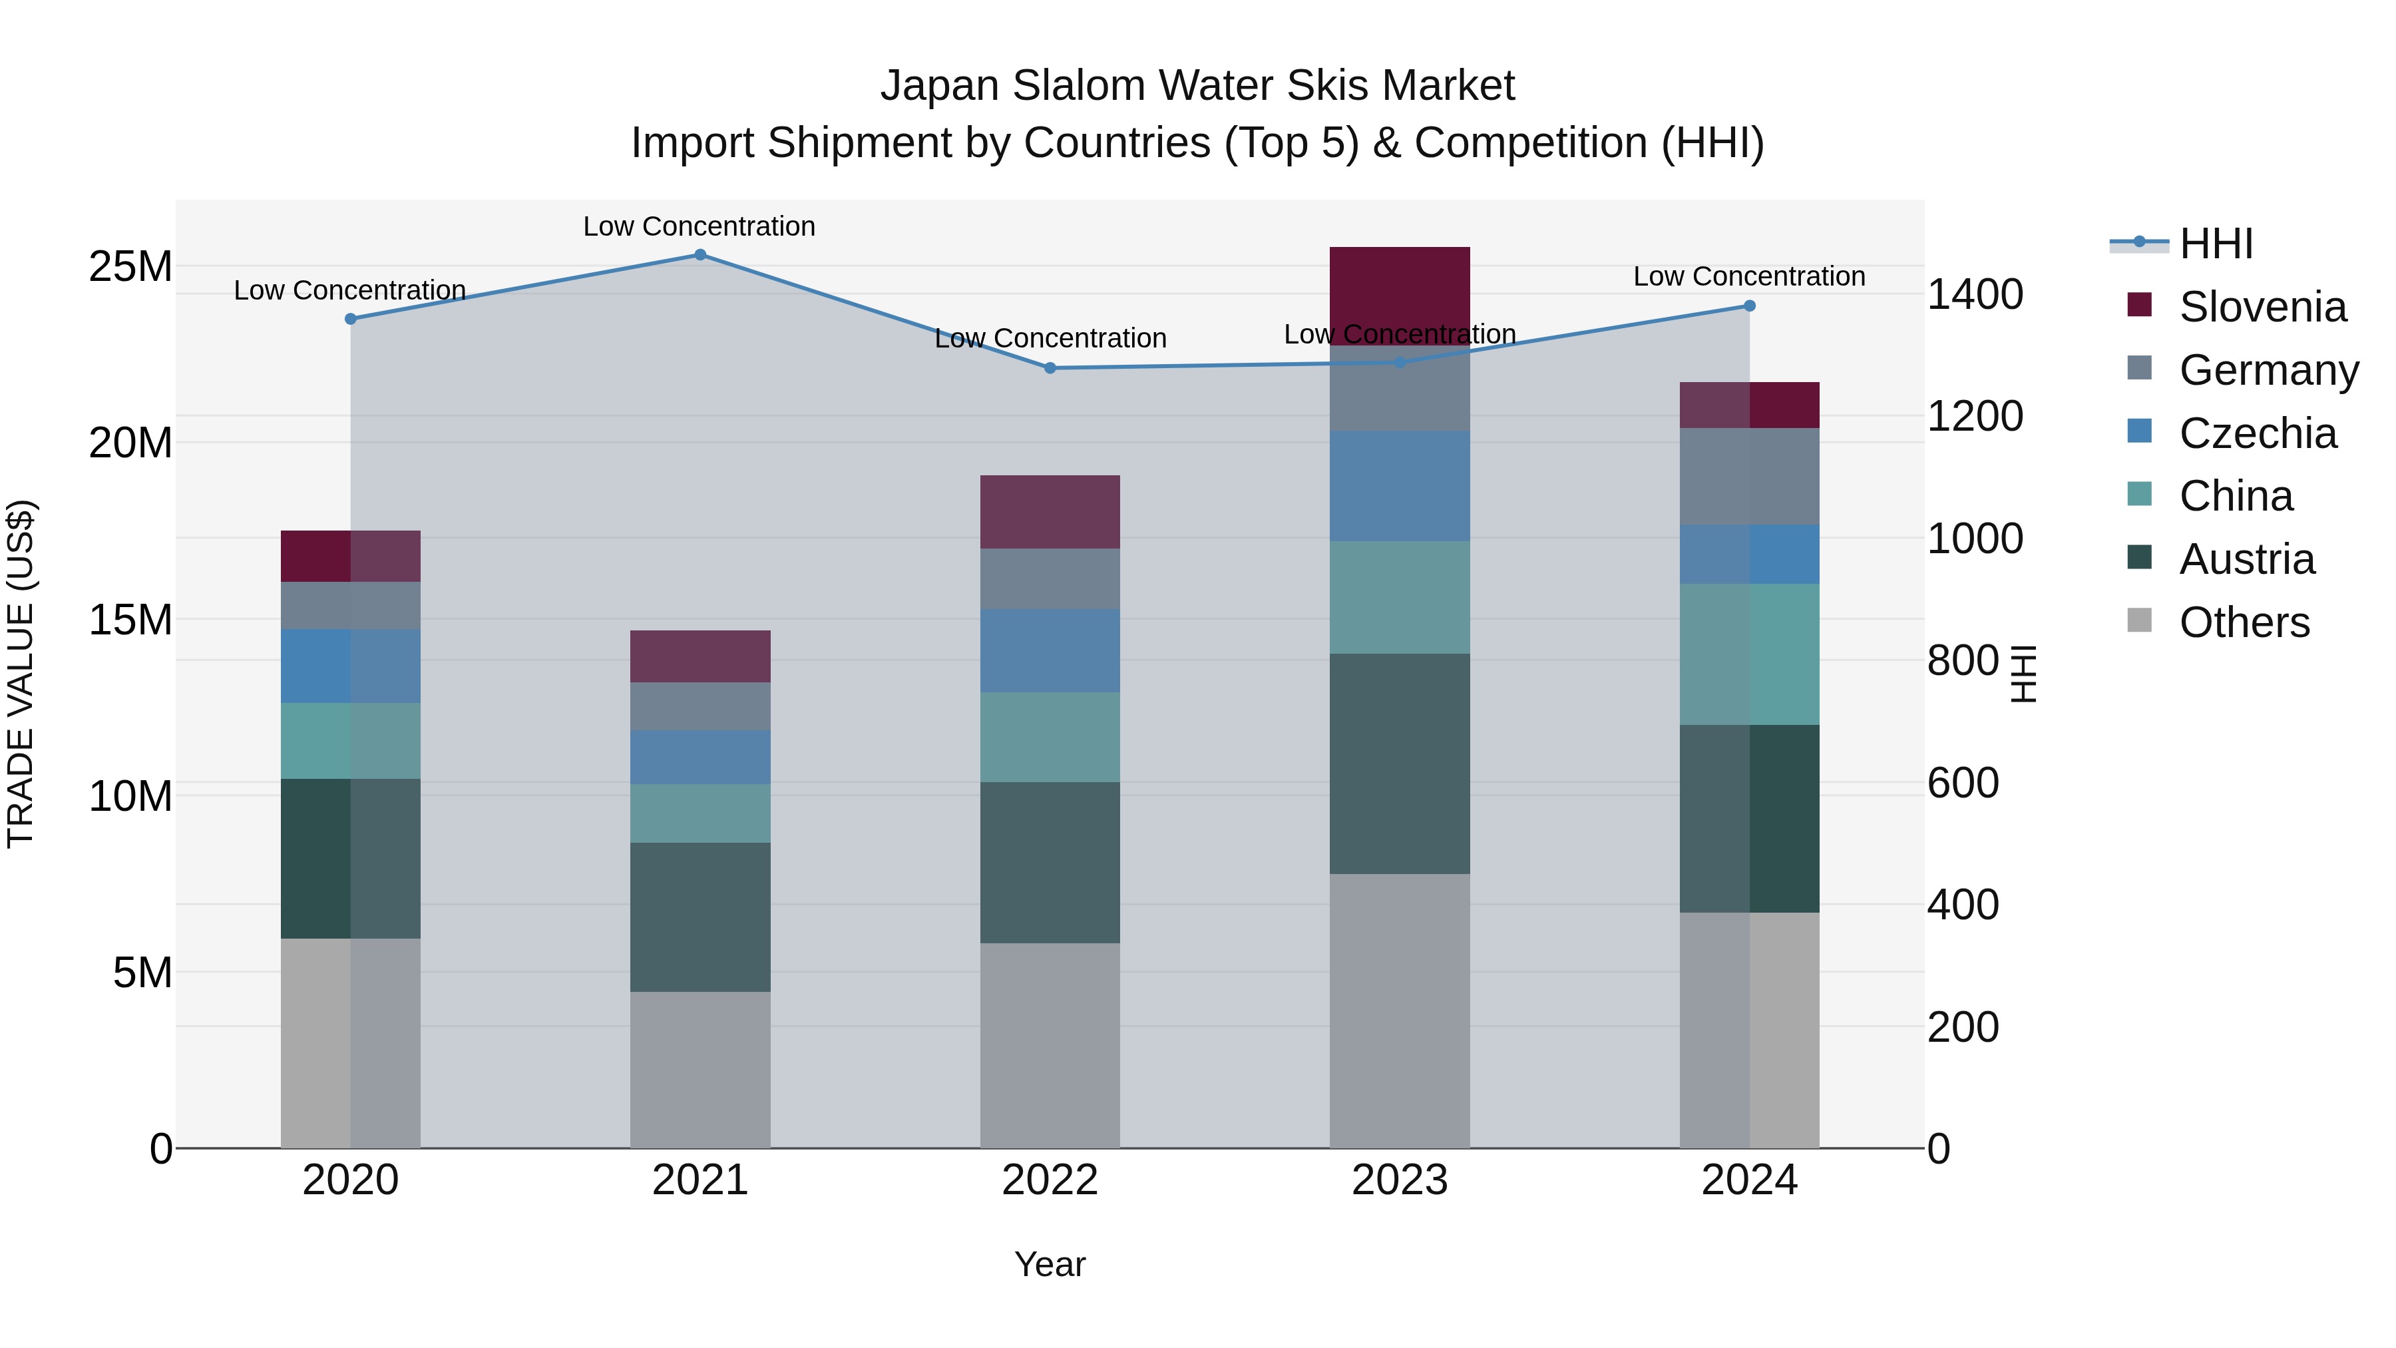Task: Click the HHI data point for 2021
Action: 700,255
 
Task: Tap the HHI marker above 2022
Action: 1050,368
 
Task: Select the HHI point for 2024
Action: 1750,306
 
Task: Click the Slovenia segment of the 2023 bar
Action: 1400,293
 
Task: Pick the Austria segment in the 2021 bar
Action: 700,917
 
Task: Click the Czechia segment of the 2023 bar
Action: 1400,486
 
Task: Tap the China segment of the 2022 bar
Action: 1050,737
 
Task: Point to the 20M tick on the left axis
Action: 130,443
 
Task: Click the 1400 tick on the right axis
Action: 1975,295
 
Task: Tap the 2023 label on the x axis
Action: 1400,1180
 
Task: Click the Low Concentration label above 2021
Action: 699,226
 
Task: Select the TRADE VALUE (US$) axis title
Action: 21,674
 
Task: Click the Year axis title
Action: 1050,1264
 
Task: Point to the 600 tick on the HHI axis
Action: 1963,784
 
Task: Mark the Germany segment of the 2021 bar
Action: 700,706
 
